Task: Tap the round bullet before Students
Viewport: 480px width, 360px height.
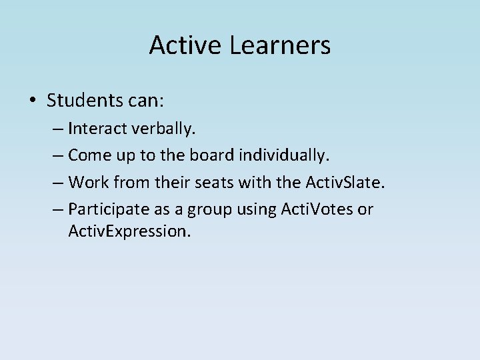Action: [x=33, y=101]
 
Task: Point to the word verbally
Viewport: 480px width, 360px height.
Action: [x=157, y=128]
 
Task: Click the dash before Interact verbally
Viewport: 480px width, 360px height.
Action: [x=57, y=129]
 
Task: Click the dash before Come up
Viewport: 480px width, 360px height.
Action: [x=57, y=156]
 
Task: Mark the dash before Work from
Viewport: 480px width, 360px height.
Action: [x=57, y=183]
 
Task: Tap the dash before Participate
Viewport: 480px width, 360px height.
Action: [x=57, y=210]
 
